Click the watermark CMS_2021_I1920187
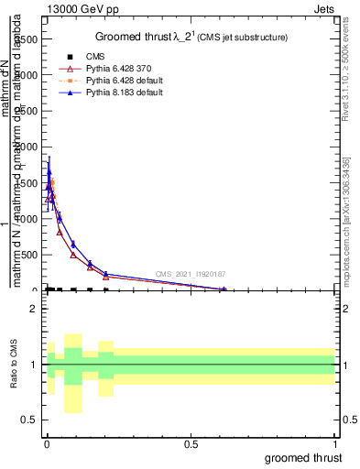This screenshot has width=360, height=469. tap(190, 274)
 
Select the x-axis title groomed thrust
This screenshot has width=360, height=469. tap(303, 457)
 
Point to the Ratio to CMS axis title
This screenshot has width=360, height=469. tap(15, 365)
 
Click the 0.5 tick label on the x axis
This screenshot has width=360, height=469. tap(191, 444)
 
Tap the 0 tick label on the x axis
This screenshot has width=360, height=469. tap(46, 444)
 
